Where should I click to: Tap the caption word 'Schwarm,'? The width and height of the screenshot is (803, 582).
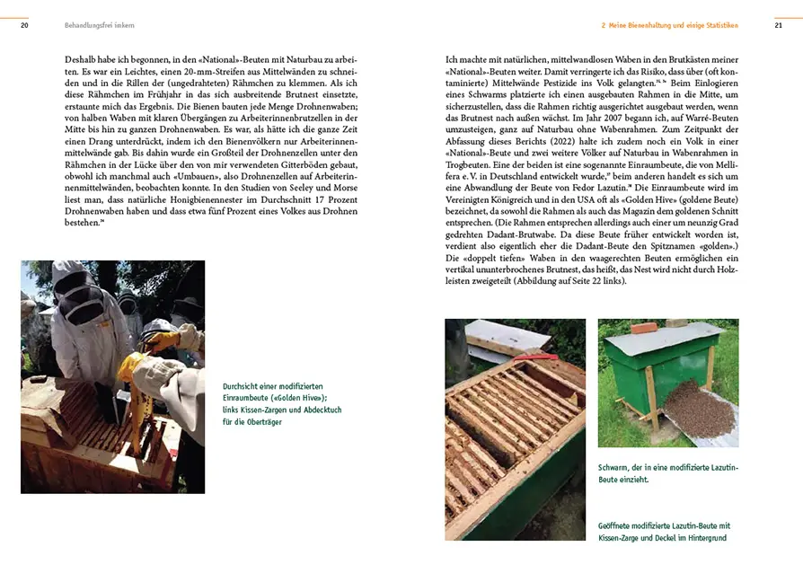click(616, 468)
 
